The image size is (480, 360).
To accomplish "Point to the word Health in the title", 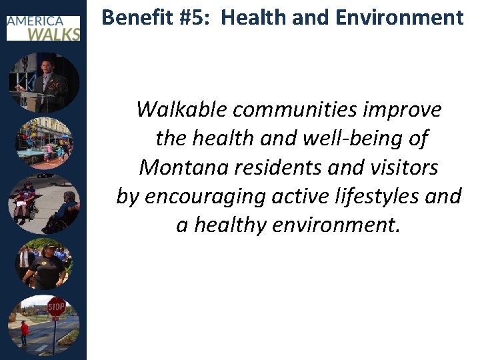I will (250, 17).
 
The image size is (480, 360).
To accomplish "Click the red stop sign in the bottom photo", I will (56, 307).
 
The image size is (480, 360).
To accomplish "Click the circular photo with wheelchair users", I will (44, 203).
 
